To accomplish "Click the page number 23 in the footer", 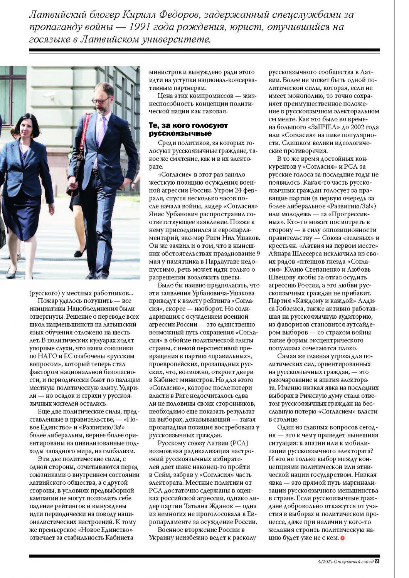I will (377, 561).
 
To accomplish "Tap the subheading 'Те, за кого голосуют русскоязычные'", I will (188, 129).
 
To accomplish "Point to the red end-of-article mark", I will (342, 538).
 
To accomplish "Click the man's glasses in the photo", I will (101, 101).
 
